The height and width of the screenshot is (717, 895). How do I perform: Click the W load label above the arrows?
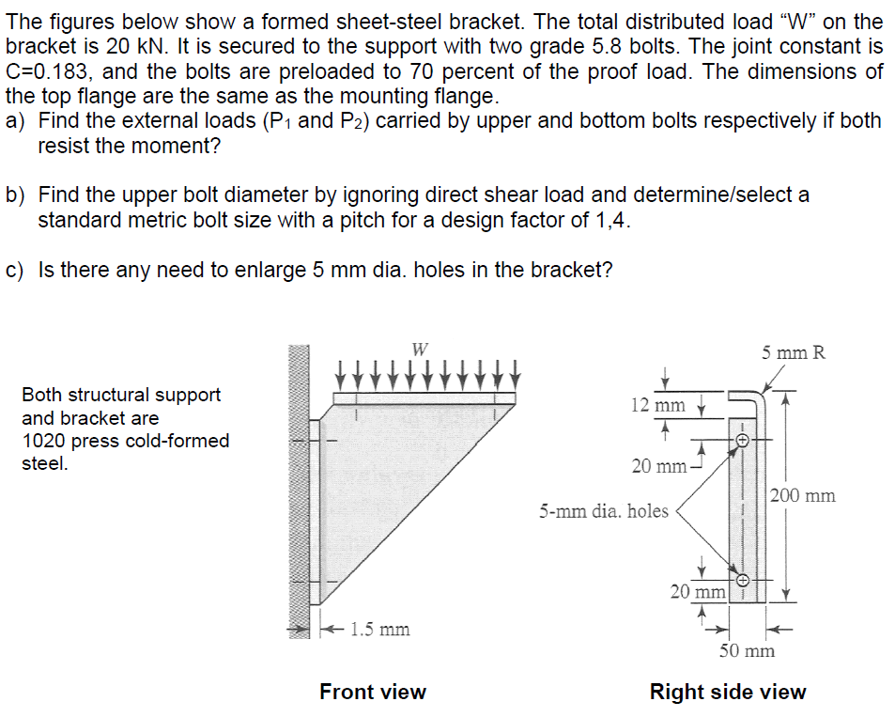tap(420, 349)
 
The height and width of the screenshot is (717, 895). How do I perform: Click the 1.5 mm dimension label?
tap(380, 629)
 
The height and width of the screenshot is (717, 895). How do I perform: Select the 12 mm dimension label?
tap(657, 405)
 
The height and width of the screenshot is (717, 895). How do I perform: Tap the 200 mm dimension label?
tap(802, 495)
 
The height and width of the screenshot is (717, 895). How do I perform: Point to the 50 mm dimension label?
tap(748, 650)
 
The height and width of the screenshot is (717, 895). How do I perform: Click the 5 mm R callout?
tap(794, 353)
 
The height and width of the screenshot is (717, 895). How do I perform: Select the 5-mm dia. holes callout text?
tap(603, 511)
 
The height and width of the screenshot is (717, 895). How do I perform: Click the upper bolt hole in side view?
tap(741, 439)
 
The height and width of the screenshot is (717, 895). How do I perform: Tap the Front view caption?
tap(373, 693)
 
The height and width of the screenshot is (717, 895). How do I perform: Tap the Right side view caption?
tap(728, 693)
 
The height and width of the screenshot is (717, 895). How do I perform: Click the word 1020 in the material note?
tap(43, 441)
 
